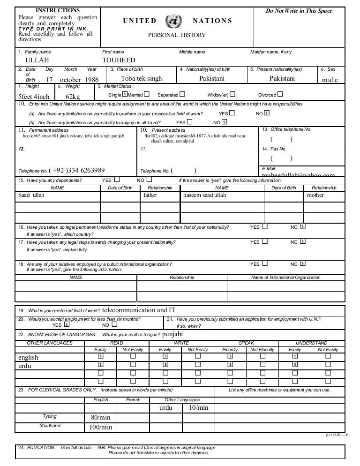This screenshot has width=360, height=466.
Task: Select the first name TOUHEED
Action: click(x=119, y=60)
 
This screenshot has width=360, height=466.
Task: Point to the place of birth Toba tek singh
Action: click(x=141, y=79)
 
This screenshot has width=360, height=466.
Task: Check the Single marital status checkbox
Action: click(x=124, y=94)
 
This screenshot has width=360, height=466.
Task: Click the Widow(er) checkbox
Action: click(x=232, y=94)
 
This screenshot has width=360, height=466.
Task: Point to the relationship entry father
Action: click(x=150, y=195)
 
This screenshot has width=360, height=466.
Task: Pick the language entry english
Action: click(x=28, y=357)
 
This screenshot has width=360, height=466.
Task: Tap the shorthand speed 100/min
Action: click(x=100, y=427)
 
